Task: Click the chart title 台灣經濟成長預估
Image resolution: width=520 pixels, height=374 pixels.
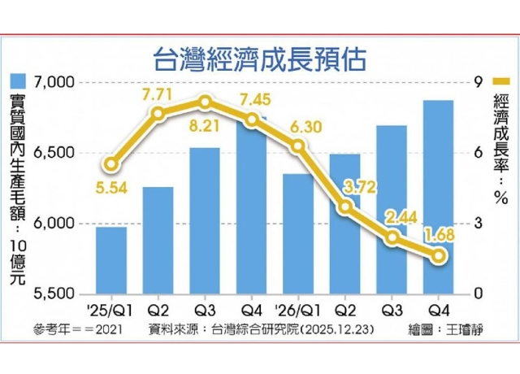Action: pyautogui.click(x=260, y=59)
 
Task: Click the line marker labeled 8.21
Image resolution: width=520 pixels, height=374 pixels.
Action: pyautogui.click(x=205, y=102)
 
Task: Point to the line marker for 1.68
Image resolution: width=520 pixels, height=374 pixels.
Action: pyautogui.click(x=439, y=256)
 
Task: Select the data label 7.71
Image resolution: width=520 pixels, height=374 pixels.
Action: pyautogui.click(x=158, y=94)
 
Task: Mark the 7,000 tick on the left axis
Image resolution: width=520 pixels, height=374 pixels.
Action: pyautogui.click(x=56, y=82)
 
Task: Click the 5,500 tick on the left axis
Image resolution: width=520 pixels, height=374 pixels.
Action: pyautogui.click(x=56, y=294)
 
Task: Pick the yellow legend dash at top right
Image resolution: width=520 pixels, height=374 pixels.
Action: pyautogui.click(x=500, y=82)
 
